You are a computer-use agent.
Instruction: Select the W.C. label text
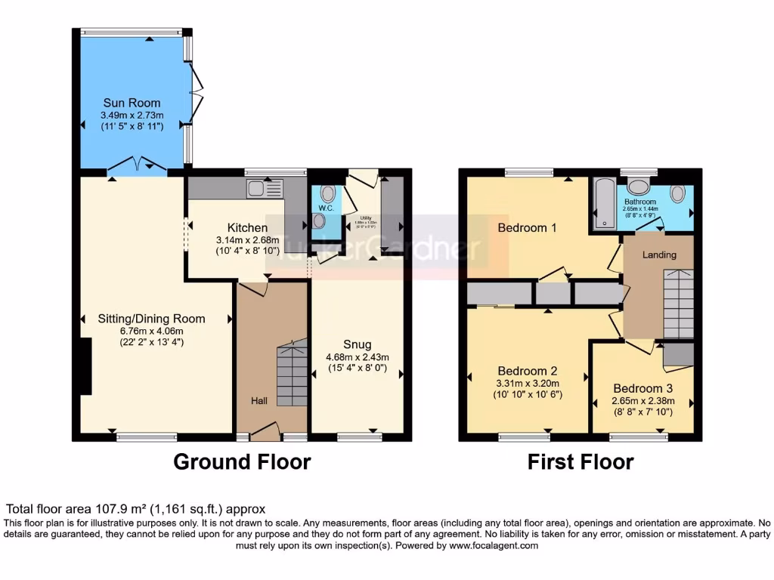point(326,208)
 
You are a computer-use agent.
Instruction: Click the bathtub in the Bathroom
point(604,203)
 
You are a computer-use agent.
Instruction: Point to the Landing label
point(659,255)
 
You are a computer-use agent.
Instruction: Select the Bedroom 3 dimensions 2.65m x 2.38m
point(642,401)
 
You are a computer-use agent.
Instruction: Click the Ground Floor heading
point(242,461)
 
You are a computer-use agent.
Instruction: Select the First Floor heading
point(580,461)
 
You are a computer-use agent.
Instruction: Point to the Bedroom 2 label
point(528,372)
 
